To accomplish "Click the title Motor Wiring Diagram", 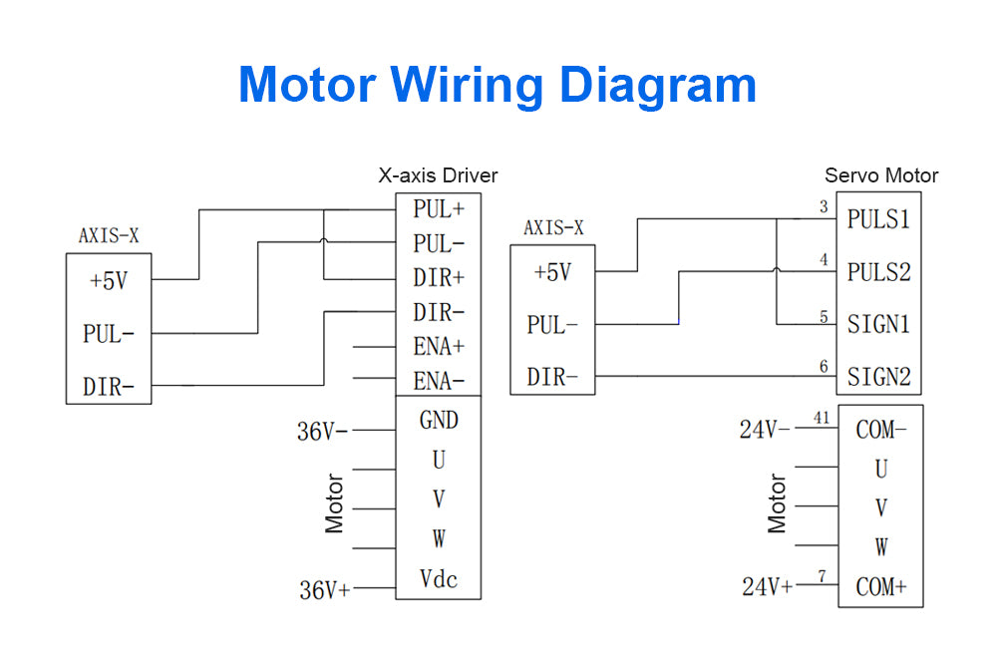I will coord(497,85).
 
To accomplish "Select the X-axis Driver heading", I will coord(438,175).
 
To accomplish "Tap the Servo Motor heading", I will coord(881,175).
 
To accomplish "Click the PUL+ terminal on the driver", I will coord(439,210).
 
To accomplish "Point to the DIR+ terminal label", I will coord(439,278).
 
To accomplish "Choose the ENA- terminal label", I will coord(439,380).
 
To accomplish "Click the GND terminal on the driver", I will coord(439,421).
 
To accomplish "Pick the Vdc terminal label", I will coord(439,579).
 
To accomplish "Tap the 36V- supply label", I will coord(323,432).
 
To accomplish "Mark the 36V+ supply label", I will coord(325,590).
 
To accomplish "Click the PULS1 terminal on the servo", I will coord(878,219).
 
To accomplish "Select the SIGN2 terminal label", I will coord(878,377).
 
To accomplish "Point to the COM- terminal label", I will coord(881,431).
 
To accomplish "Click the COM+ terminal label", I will coord(881,587).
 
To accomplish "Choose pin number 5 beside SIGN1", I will coord(824,317).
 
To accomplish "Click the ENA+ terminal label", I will coord(439,347).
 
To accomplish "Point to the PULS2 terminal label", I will coord(878,271).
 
